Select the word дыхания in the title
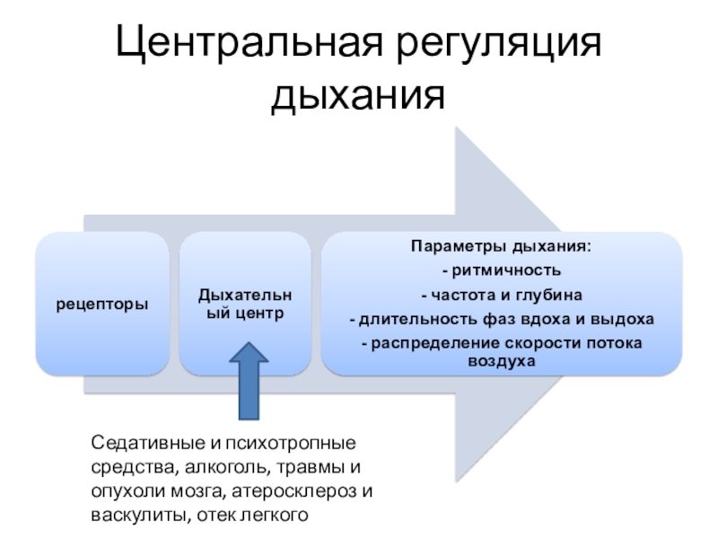pyautogui.click(x=358, y=95)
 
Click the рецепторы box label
pyautogui.click(x=103, y=305)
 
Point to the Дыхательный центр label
pyautogui.click(x=244, y=305)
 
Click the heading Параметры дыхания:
pyautogui.click(x=502, y=245)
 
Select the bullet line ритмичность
pyautogui.click(x=502, y=269)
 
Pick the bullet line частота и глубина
pyautogui.click(x=502, y=294)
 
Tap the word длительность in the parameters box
pyautogui.click(x=409, y=319)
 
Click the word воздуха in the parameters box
pyautogui.click(x=502, y=361)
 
